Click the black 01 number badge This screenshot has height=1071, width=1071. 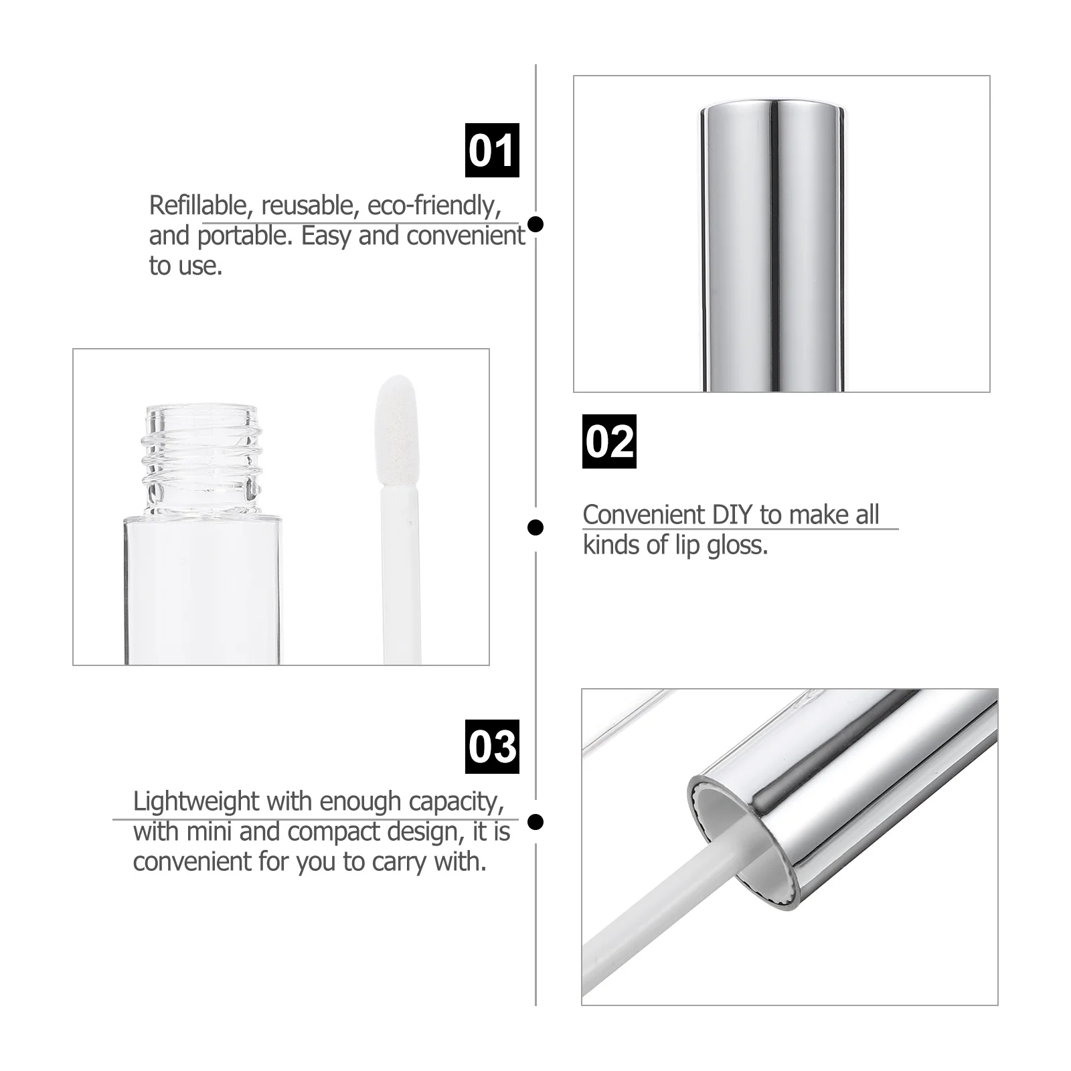point(492,150)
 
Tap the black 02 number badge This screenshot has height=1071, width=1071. point(609,441)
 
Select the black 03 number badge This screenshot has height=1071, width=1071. point(492,746)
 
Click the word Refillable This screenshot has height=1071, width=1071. point(198,205)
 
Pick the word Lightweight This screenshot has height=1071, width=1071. point(195,801)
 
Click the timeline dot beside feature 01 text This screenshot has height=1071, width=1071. point(535,224)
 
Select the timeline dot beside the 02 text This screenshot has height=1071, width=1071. point(535,527)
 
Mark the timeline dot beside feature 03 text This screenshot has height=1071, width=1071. point(535,821)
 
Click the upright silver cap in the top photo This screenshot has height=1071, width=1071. point(772,241)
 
